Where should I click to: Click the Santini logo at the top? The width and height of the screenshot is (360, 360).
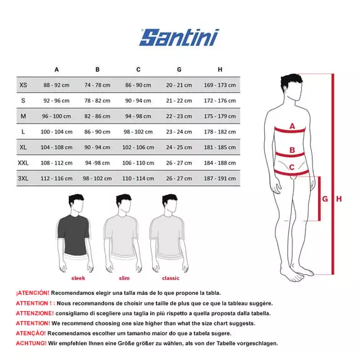click(179, 37)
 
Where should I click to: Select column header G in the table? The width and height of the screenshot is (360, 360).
click(179, 69)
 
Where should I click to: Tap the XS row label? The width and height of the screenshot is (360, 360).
click(24, 85)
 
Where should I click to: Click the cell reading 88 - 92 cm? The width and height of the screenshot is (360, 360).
click(56, 85)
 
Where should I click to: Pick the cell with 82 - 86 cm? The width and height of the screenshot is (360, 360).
click(97, 116)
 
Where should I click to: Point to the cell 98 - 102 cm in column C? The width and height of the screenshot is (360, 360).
click(138, 131)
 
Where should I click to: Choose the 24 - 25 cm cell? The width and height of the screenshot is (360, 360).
click(179, 147)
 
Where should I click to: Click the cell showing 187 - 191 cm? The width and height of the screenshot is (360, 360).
click(220, 178)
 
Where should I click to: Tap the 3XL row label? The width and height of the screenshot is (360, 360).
click(24, 178)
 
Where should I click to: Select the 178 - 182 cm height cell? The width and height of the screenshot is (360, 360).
click(220, 131)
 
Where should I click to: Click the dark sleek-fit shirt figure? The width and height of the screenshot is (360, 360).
click(76, 229)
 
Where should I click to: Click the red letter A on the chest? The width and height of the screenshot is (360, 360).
click(292, 126)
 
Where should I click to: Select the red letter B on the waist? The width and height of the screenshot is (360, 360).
click(292, 151)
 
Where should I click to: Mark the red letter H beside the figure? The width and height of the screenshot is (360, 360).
click(339, 199)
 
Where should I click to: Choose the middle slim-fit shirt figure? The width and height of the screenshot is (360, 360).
click(123, 229)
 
